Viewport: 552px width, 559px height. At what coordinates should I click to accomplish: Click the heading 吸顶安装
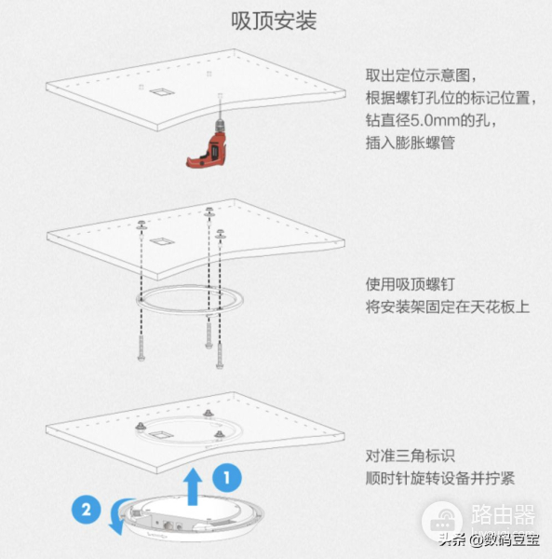[x=275, y=20]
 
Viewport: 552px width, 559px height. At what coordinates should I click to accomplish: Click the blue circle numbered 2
[x=87, y=510]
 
